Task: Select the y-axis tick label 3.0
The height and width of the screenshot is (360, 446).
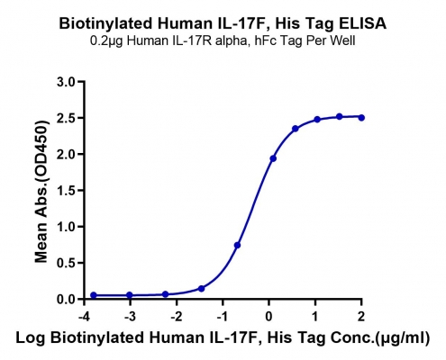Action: pyautogui.click(x=66, y=82)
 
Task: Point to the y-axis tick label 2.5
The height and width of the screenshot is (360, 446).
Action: pyautogui.click(x=66, y=118)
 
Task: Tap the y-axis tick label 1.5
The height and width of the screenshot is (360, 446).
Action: pyautogui.click(x=66, y=191)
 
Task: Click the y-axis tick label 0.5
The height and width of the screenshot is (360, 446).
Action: pyautogui.click(x=66, y=264)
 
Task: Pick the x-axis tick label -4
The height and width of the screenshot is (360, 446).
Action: pyautogui.click(x=84, y=317)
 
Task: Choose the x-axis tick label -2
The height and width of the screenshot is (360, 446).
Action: pyautogui.click(x=177, y=317)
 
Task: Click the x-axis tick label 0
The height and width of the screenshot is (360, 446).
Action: pyautogui.click(x=269, y=317)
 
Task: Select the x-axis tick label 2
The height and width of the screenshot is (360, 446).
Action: pyautogui.click(x=361, y=317)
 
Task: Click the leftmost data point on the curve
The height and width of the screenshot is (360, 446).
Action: pyautogui.click(x=94, y=295)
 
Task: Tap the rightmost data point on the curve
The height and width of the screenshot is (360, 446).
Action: pyautogui.click(x=361, y=118)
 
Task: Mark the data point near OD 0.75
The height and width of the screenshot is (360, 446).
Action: pyautogui.click(x=237, y=245)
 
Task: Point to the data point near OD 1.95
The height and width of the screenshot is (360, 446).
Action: pyautogui.click(x=273, y=158)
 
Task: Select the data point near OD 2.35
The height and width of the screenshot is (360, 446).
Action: pyautogui.click(x=296, y=129)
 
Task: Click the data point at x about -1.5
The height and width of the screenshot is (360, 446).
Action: pyautogui.click(x=201, y=289)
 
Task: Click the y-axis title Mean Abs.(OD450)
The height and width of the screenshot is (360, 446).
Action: pyautogui.click(x=41, y=192)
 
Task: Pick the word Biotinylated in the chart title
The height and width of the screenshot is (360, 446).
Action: pyautogui.click(x=105, y=23)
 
